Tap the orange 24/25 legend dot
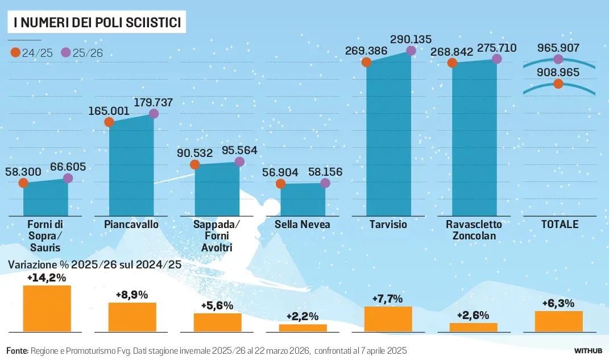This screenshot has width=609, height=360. pos(15,53)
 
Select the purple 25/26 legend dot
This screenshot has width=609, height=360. pos(66,53)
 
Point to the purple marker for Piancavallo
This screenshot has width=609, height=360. pos(154,114)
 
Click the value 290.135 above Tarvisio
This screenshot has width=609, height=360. pos(411,39)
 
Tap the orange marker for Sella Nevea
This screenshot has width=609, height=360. pos(280,184)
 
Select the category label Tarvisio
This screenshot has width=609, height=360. pos(388,224)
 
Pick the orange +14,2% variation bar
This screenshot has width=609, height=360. pos(47,308)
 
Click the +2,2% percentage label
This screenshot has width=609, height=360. pos(302,316)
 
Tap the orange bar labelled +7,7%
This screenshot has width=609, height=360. pos(388,319)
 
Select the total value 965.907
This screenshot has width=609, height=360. pos(557,47)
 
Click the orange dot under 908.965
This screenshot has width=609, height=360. pos(558,84)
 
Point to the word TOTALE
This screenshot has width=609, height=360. pos(559,224)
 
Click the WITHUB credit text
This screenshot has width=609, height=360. pos(587,350)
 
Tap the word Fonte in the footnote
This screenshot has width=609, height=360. pos(17,350)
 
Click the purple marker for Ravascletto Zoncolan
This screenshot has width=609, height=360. pos(496,59)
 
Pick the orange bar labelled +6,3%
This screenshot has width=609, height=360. pos(558,321)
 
